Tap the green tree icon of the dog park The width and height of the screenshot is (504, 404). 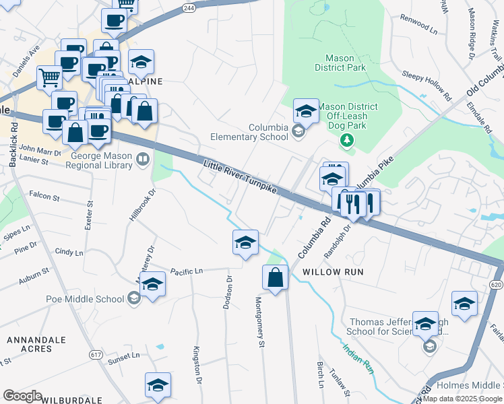[x=347, y=140]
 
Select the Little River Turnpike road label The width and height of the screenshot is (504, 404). [x=240, y=177]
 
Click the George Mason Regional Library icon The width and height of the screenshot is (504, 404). [x=142, y=160]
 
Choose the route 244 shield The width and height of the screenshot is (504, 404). [x=189, y=8]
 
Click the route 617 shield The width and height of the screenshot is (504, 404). [x=96, y=353]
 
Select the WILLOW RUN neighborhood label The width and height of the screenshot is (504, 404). [x=333, y=272]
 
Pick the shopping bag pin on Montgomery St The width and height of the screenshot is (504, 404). [x=276, y=278]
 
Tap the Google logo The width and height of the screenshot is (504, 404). [x=22, y=396]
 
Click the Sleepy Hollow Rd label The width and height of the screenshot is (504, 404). [x=426, y=84]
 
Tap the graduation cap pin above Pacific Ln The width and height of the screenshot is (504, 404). [x=245, y=242]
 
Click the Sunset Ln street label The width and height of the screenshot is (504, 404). [x=125, y=355]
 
